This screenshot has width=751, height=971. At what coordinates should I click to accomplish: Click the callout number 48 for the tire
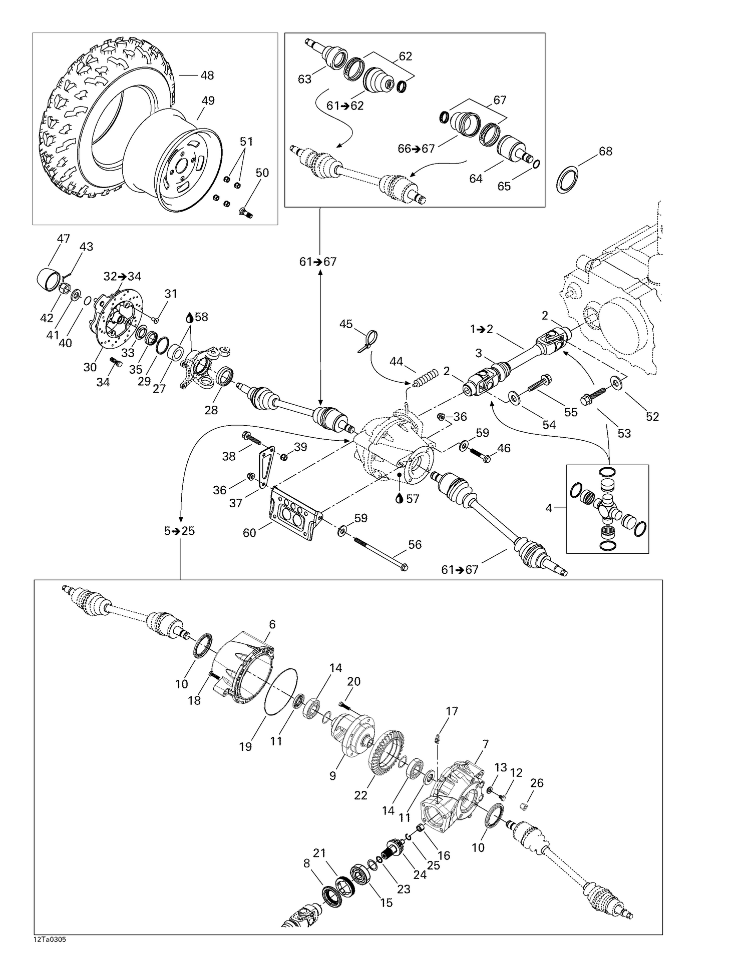click(207, 76)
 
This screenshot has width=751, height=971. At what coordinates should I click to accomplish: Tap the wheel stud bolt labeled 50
click(246, 213)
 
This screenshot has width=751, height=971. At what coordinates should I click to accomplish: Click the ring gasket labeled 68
click(567, 181)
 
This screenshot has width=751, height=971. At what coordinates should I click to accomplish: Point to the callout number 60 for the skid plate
click(249, 533)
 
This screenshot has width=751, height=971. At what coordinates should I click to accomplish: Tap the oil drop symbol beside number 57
click(399, 499)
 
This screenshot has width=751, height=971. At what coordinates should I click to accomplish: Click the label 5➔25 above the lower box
click(180, 531)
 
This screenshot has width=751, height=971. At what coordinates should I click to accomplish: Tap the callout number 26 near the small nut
click(536, 782)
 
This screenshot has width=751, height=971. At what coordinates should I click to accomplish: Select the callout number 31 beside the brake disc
click(171, 294)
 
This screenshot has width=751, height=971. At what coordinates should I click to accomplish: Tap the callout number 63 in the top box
click(304, 79)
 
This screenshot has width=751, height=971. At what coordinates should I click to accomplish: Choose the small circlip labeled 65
click(536, 164)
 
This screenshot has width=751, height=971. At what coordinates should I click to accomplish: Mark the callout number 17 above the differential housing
click(452, 711)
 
